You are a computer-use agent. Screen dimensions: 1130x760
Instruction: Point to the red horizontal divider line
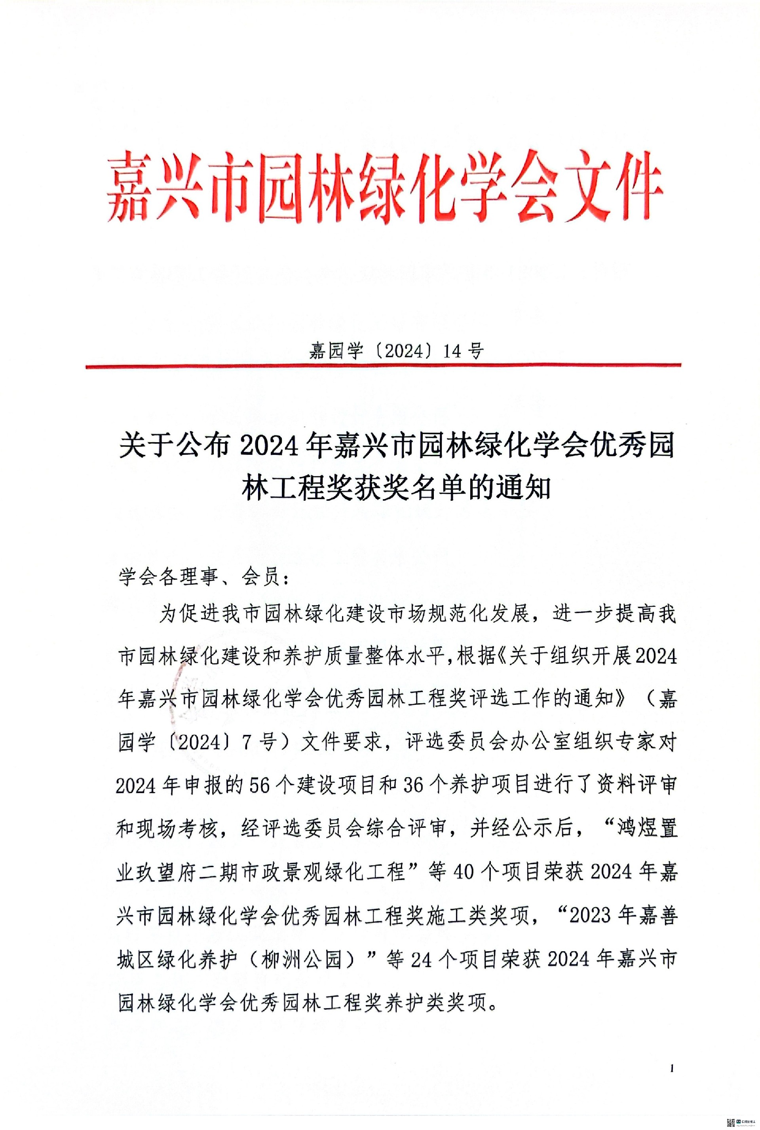(383, 366)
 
